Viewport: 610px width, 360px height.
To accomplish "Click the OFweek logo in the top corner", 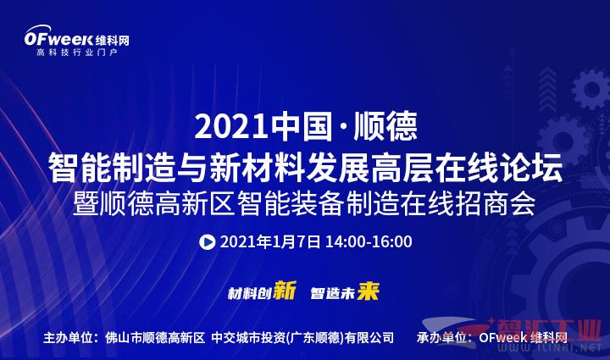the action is coord(76,36).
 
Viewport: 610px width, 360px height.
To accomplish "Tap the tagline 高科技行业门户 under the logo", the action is coord(76,53).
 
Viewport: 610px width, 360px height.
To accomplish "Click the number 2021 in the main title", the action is coord(231,127).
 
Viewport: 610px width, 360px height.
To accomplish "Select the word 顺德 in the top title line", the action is coord(385,126).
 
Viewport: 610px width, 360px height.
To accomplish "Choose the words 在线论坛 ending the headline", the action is coord(499,168).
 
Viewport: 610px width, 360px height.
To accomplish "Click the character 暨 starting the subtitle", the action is coord(86,203).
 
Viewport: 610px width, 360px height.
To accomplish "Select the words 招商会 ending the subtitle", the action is coord(496,203).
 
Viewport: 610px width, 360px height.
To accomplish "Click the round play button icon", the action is coord(207,242).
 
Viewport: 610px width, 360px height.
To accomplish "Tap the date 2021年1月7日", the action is coord(270,241).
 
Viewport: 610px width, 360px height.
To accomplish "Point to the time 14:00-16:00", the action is coord(369,241).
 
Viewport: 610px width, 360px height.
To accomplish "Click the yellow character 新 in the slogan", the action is coord(285,291).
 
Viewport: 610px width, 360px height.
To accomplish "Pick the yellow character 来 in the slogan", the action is coord(368,291).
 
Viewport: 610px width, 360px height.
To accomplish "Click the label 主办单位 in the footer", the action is coord(68,337).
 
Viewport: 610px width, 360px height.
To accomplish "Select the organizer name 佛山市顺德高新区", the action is coord(155,337).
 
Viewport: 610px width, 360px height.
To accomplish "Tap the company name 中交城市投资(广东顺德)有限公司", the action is coord(302,337).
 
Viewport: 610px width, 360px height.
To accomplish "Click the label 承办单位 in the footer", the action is coord(441,337).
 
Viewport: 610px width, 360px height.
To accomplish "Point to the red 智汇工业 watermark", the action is coord(549,330).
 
